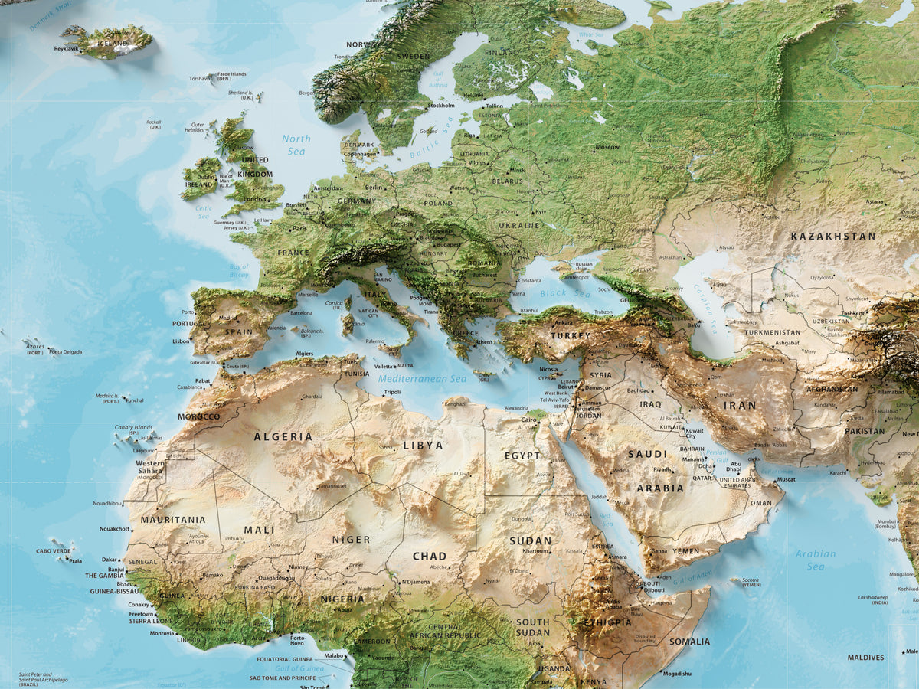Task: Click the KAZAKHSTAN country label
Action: click(x=832, y=236)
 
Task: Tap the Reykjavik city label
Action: click(x=67, y=49)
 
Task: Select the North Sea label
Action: click(x=296, y=145)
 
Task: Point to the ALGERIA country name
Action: click(x=283, y=437)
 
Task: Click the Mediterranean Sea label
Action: click(x=422, y=379)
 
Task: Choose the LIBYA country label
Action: click(x=423, y=445)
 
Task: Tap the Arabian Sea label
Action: click(x=815, y=560)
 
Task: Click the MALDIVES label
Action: click(x=865, y=658)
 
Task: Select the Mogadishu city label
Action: click(x=676, y=674)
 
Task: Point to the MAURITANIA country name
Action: click(x=173, y=520)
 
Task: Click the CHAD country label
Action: click(x=429, y=557)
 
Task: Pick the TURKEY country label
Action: click(x=570, y=335)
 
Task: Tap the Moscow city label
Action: click(x=607, y=146)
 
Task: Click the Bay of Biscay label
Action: click(x=239, y=270)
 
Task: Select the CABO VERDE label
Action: click(x=53, y=551)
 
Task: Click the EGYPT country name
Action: click(x=522, y=456)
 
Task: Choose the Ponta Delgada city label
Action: click(x=65, y=352)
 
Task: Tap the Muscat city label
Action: click(x=786, y=479)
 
